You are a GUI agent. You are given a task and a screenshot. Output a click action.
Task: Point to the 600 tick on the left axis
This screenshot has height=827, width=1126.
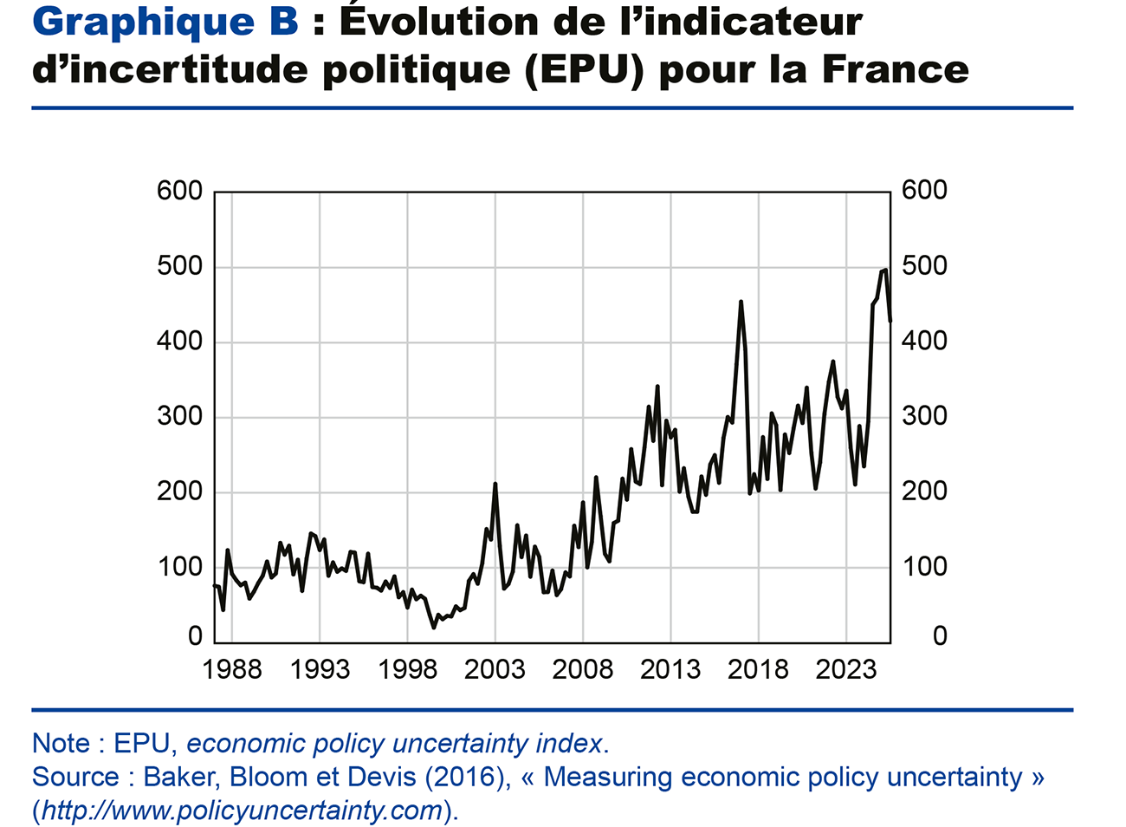click(179, 191)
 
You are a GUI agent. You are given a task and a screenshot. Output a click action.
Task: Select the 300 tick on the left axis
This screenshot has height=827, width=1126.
click(179, 417)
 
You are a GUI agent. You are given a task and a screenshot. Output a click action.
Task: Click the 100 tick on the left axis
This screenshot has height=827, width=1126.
click(179, 568)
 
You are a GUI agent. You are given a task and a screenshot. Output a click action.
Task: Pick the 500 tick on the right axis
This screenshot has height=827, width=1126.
click(924, 266)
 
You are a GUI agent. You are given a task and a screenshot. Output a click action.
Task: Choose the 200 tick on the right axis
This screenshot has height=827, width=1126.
click(924, 492)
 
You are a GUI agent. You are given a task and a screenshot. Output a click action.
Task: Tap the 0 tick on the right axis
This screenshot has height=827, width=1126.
click(939, 637)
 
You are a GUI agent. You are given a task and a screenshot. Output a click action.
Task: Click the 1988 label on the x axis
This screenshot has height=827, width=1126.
click(231, 670)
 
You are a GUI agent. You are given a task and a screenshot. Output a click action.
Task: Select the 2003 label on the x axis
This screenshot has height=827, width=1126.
click(495, 670)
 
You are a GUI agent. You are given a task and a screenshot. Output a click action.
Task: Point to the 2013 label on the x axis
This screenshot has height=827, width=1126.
click(670, 670)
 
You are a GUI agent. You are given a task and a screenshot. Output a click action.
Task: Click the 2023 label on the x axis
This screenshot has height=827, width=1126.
click(846, 670)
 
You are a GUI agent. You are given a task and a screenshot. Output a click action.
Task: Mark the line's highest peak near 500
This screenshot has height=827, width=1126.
click(884, 270)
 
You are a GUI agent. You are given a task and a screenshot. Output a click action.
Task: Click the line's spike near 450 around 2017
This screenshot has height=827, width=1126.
click(741, 303)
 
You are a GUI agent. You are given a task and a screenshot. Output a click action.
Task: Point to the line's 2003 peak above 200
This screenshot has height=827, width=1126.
click(495, 484)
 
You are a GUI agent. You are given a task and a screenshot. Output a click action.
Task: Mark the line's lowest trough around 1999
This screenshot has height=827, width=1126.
click(434, 627)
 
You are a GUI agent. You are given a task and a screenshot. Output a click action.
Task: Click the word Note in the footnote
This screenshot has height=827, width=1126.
click(61, 744)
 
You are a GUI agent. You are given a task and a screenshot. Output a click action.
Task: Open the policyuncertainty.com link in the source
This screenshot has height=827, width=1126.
click(243, 811)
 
